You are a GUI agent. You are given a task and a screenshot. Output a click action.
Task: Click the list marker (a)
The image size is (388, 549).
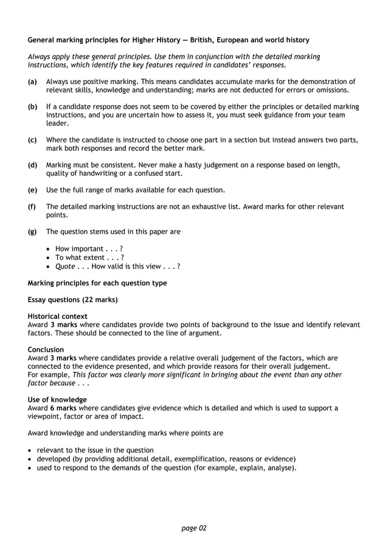tap(32, 81)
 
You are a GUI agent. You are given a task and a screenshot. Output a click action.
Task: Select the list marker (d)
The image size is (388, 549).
tap(32, 164)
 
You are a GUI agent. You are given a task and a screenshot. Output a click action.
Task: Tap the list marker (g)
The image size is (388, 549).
tap(32, 231)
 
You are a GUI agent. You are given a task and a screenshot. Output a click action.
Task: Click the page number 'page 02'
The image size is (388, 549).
tap(194, 528)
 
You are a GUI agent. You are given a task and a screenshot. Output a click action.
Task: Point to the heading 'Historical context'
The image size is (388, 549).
tap(58, 316)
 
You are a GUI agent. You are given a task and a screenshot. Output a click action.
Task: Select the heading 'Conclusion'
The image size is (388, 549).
tap(46, 350)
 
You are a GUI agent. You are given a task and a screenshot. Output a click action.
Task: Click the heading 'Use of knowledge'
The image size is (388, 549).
tap(57, 400)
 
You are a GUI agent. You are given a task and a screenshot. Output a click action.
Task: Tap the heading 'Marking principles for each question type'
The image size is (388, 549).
tap(97, 283)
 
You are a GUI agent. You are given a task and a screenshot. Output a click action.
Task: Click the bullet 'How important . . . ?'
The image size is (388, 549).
tap(89, 248)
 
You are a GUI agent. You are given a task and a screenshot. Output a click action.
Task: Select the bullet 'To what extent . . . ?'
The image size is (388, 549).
tap(89, 257)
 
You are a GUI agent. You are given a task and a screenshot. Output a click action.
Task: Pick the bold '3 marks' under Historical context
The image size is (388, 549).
tap(63, 324)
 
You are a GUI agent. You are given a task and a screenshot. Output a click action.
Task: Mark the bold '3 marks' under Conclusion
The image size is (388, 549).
tap(63, 358)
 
